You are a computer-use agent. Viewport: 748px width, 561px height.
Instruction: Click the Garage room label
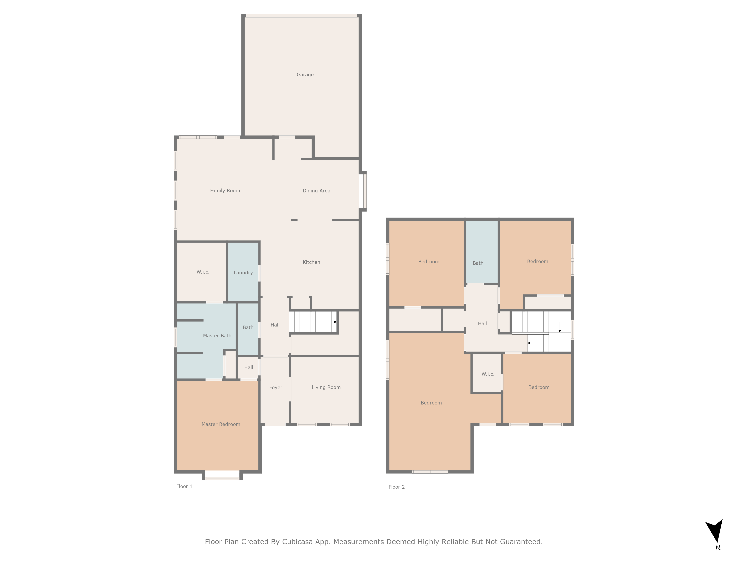point(305,75)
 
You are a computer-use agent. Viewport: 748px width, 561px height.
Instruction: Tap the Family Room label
point(225,191)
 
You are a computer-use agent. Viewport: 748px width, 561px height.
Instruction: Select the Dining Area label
point(316,191)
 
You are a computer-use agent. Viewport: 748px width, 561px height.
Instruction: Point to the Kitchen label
point(311,262)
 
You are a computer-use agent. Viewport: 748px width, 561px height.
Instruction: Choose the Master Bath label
point(217,336)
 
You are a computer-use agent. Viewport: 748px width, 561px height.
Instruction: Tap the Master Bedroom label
point(221,424)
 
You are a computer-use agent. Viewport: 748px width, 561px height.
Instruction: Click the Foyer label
point(276,387)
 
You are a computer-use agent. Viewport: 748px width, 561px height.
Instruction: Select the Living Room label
point(326,387)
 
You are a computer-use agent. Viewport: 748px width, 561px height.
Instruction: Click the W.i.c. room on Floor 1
point(203,272)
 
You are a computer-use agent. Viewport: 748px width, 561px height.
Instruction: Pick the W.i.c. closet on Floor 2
point(488,374)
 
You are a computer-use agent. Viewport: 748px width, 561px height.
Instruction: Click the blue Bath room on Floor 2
point(478,263)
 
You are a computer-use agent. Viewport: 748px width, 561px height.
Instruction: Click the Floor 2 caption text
point(396,487)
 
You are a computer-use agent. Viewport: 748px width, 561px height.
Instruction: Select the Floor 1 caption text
point(184,486)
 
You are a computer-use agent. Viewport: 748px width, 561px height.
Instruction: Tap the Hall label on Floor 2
point(482,324)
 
